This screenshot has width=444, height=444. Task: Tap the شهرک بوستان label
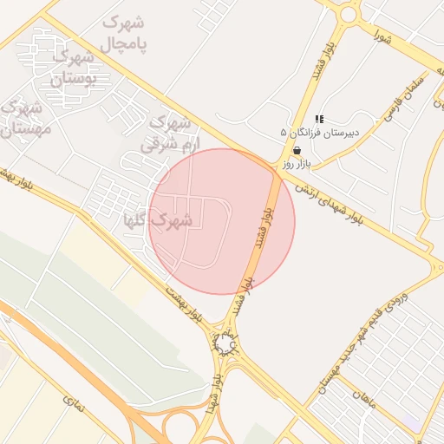pyautogui.click(x=69, y=69)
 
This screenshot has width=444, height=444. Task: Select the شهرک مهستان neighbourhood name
pyautogui.click(x=24, y=119)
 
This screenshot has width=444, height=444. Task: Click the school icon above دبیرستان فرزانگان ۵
pyautogui.click(x=319, y=119)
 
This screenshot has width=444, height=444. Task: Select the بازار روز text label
pyautogui.click(x=296, y=163)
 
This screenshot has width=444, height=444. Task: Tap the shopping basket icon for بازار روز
pyautogui.click(x=297, y=150)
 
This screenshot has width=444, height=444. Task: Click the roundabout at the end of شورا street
pyautogui.click(x=349, y=14)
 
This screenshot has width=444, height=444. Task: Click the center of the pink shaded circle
pyautogui.click(x=222, y=221)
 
